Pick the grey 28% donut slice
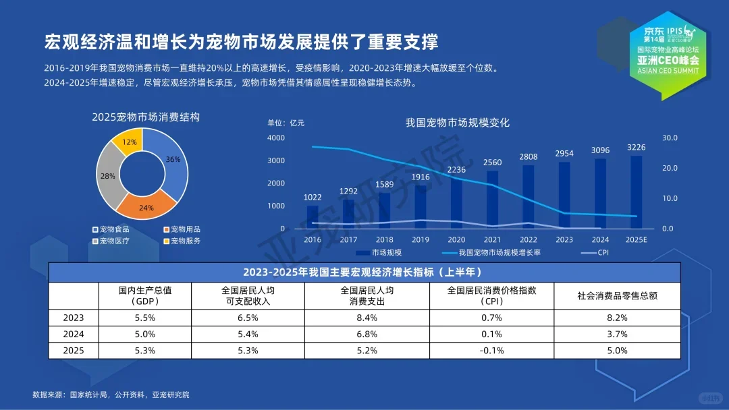tap(108, 176)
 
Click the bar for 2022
tap(529, 196)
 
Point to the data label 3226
tap(636, 148)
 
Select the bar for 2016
tap(313, 216)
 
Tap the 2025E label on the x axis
tap(636, 239)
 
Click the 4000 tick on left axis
tap(276, 138)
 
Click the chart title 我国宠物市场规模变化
tap(457, 123)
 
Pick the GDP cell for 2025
tap(145, 351)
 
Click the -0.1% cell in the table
tap(491, 351)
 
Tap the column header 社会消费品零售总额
tap(617, 295)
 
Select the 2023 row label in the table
tap(74, 318)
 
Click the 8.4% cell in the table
tap(367, 318)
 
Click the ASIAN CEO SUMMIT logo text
tap(668, 69)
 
